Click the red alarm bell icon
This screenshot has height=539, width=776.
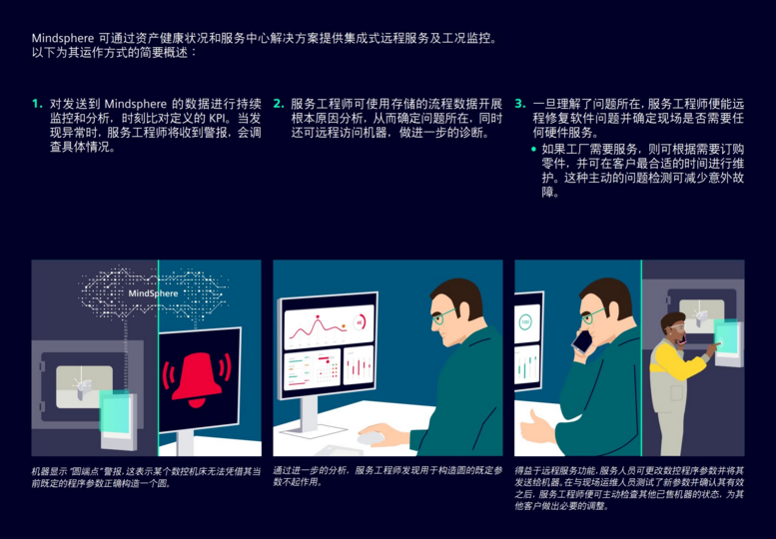pos(197,378)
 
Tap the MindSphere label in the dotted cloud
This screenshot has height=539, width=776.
pos(153,293)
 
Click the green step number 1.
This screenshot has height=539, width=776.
pos(37,104)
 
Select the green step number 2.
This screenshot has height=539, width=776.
pos(279,104)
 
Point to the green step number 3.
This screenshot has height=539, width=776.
pos(520,104)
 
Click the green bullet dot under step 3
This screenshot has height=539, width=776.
pos(533,149)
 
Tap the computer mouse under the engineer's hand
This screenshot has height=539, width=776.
pos(371,437)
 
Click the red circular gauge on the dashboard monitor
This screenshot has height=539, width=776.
pos(360,322)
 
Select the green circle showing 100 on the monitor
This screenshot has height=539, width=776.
pos(525,322)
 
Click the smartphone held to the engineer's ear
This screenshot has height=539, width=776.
pos(582,341)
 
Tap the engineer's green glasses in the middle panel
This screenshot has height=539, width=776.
pos(443,315)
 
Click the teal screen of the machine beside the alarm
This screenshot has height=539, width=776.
pos(115,411)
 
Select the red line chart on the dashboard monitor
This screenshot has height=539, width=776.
pos(318,328)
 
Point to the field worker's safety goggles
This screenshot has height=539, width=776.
pos(675,327)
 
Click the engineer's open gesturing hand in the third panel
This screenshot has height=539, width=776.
pos(536,429)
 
